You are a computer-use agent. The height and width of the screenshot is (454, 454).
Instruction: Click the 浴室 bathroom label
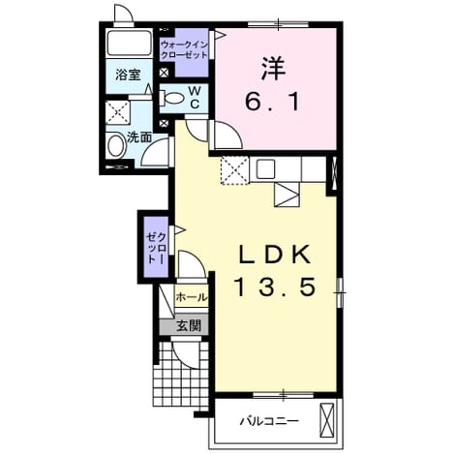(129, 75)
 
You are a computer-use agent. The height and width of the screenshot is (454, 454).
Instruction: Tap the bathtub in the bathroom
(129, 44)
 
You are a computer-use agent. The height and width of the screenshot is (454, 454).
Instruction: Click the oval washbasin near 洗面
(115, 146)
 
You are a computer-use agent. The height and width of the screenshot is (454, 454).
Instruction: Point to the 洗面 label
(139, 137)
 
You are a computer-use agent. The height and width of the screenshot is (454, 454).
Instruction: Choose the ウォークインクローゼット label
(184, 49)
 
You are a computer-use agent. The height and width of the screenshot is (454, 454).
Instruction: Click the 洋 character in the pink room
(273, 69)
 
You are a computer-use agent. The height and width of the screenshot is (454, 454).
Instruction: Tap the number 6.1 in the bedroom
(272, 101)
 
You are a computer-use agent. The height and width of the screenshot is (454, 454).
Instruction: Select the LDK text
(275, 255)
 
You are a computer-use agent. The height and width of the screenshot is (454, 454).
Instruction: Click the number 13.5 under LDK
(275, 288)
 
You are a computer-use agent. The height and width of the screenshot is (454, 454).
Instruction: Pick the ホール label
(192, 297)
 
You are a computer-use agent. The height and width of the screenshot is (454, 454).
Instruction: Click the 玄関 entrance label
(189, 326)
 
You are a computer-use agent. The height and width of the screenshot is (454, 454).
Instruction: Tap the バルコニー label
(269, 421)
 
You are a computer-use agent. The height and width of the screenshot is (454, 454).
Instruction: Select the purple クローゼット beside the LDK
(157, 247)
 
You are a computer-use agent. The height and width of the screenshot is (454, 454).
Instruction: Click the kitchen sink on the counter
(265, 169)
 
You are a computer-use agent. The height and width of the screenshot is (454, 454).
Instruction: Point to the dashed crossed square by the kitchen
(235, 170)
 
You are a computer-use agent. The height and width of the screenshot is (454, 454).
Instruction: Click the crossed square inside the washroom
(118, 112)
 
